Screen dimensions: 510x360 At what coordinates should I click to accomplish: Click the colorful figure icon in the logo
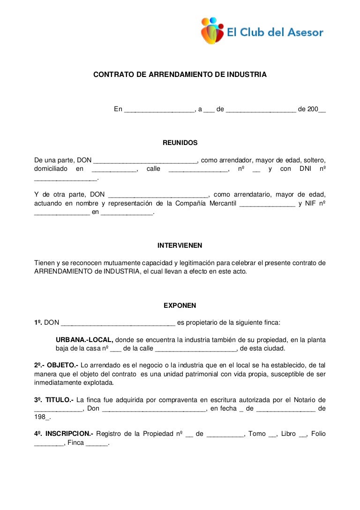coord(212,30)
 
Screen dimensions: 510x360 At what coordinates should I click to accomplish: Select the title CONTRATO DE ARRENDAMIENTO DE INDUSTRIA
coord(180,75)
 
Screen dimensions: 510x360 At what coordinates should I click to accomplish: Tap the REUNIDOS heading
coord(180,143)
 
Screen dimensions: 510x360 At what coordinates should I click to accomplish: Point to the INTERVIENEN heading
coord(180,245)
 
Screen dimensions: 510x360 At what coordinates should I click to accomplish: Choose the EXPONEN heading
coord(180,305)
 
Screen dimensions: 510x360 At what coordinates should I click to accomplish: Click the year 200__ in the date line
coord(316,109)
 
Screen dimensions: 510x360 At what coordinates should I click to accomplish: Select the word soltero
coord(313,160)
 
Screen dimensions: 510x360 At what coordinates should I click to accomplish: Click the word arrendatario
coord(251,195)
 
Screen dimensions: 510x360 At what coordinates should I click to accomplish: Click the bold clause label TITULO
coord(60,400)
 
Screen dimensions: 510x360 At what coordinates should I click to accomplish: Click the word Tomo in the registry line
coord(257,434)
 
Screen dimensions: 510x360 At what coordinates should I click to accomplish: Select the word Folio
coord(317,434)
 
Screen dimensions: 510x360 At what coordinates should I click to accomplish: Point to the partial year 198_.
coord(42,417)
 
